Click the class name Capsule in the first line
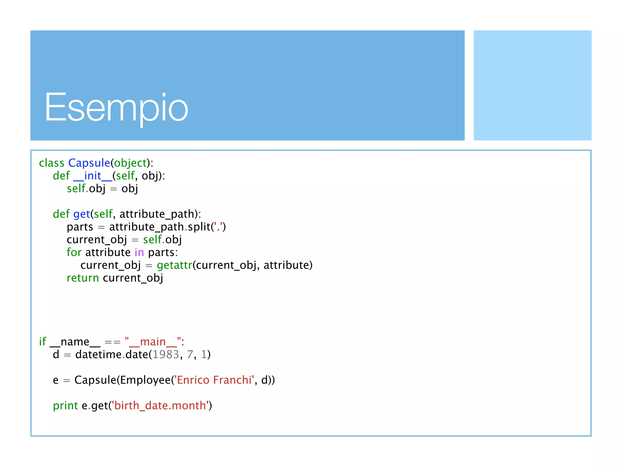89,163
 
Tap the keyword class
52,163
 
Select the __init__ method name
93,176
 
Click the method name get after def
81,214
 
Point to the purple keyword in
139,252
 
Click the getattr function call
174,265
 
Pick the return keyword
83,278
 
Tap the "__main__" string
153,342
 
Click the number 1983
166,355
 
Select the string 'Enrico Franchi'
214,380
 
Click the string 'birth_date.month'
161,406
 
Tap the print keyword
65,406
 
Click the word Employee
145,380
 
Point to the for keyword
74,252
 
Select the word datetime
98,355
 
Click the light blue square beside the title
532,85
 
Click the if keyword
43,342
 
